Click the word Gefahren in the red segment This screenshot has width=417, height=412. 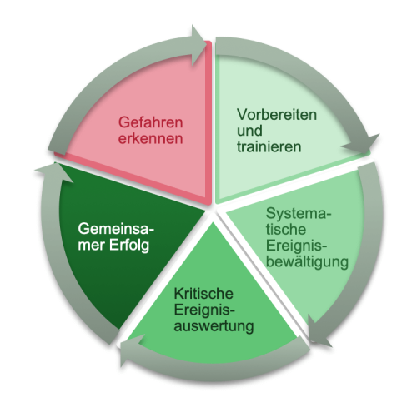(150, 122)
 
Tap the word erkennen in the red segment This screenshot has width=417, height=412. (150, 138)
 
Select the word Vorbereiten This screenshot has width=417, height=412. (277, 114)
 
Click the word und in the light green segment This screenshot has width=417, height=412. (249, 131)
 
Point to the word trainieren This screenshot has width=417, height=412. (269, 146)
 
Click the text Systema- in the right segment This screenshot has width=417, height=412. (299, 214)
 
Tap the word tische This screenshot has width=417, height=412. (286, 230)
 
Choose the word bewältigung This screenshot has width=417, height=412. (307, 262)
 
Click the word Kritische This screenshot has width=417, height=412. (203, 294)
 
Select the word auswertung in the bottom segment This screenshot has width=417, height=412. (214, 326)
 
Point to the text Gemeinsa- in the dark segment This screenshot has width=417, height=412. (116, 229)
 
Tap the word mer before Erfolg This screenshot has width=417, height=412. (92, 246)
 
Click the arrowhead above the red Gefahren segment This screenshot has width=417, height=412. (198, 46)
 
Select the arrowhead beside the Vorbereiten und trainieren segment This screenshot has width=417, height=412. (361, 144)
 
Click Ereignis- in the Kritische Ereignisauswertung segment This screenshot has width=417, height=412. (204, 310)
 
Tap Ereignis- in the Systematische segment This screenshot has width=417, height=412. (296, 246)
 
